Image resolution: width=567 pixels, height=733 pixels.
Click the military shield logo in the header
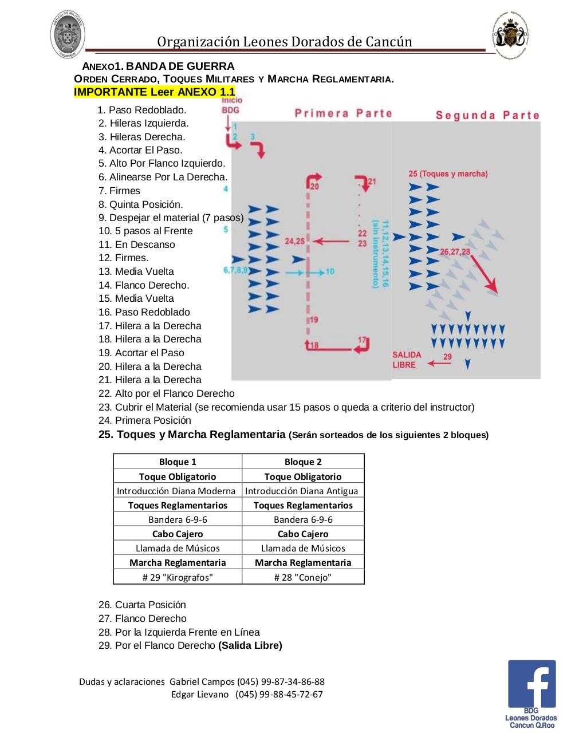(69, 34)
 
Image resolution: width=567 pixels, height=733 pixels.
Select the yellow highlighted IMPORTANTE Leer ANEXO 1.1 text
(155, 92)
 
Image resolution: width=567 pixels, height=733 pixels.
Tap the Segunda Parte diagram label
(487, 116)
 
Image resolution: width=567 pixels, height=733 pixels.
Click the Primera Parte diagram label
(343, 113)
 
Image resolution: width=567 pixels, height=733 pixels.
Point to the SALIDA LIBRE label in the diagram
(407, 360)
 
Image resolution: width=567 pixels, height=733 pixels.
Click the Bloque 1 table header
(178, 462)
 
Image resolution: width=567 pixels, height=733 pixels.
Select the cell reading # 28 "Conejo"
(303, 577)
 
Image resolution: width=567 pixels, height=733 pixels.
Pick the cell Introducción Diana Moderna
(176, 491)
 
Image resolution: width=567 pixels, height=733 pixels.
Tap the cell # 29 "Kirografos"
(178, 577)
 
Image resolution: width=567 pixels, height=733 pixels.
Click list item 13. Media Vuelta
(136, 271)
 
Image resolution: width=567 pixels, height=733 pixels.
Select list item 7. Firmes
(119, 191)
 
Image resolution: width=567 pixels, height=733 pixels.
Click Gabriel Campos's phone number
(292, 681)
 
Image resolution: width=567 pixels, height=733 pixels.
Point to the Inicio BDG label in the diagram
(231, 105)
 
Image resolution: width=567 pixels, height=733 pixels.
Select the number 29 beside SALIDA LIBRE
(447, 357)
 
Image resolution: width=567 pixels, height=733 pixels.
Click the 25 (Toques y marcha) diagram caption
(448, 174)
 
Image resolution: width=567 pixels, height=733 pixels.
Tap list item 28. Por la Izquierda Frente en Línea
(179, 632)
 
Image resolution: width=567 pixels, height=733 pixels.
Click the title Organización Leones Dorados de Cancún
(285, 42)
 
